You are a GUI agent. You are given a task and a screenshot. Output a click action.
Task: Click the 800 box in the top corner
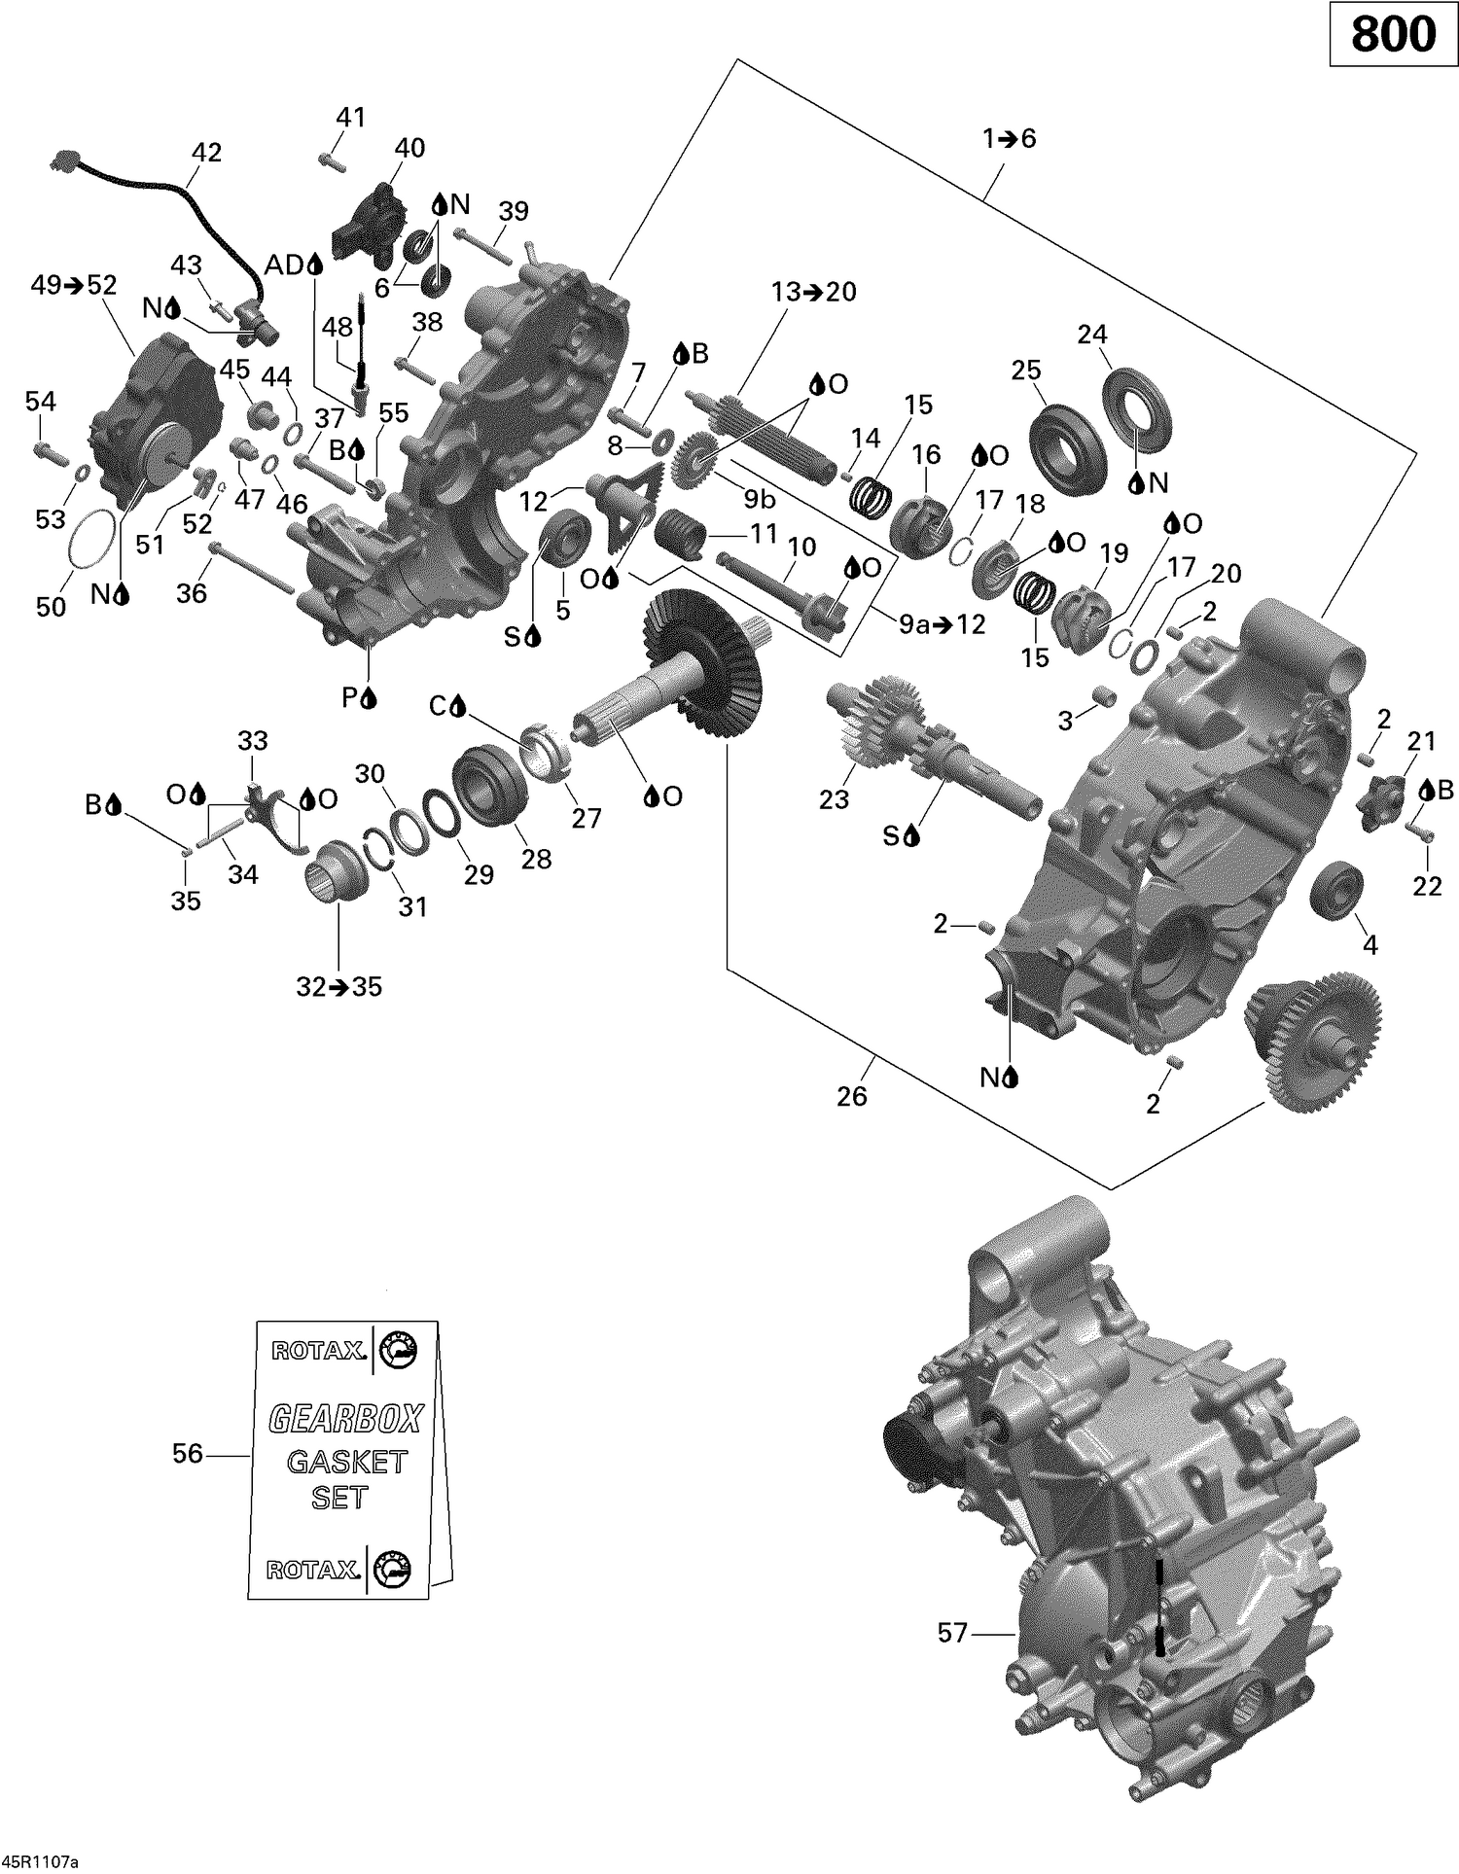click(x=1393, y=34)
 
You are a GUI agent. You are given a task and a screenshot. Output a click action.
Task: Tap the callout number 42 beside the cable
click(x=206, y=153)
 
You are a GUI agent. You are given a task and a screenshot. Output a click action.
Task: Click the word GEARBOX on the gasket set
click(x=345, y=1420)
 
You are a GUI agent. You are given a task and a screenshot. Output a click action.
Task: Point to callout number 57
click(x=952, y=1632)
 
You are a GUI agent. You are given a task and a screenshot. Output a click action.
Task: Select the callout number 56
click(x=188, y=1454)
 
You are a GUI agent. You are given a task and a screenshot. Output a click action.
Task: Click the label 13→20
click(x=813, y=292)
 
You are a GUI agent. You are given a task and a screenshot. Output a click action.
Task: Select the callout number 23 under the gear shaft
click(x=834, y=799)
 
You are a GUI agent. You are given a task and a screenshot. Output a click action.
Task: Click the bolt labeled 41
click(x=332, y=161)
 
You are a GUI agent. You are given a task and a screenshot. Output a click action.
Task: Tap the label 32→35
click(x=338, y=987)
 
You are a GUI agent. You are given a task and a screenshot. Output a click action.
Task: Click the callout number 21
click(x=1421, y=741)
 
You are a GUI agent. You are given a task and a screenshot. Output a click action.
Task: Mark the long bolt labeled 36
click(x=251, y=569)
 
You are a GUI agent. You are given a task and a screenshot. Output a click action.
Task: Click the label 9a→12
click(x=942, y=624)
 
